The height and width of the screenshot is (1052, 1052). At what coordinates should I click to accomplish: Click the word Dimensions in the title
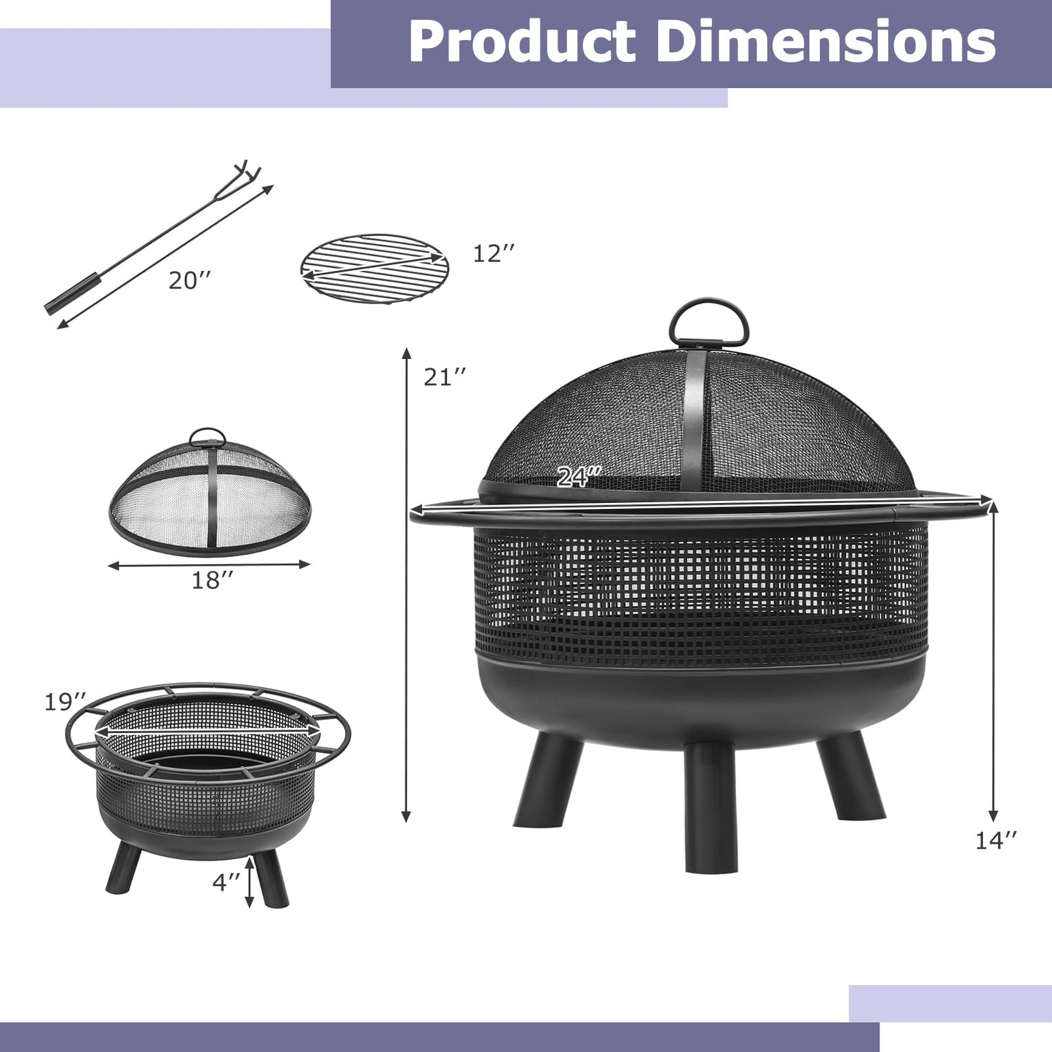pyautogui.click(x=826, y=42)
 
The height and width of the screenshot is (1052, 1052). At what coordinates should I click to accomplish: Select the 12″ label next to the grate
pyautogui.click(x=494, y=254)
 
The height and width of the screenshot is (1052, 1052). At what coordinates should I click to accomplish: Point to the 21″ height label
pyautogui.click(x=444, y=377)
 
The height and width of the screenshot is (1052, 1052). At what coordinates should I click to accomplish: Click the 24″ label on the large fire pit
pyautogui.click(x=578, y=477)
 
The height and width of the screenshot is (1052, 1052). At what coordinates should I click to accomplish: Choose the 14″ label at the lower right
pyautogui.click(x=995, y=840)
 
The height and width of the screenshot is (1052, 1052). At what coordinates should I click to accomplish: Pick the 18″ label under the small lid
pyautogui.click(x=212, y=580)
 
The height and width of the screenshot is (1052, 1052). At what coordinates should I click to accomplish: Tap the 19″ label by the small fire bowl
pyautogui.click(x=65, y=703)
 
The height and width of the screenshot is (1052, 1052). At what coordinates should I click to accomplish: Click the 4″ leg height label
pyautogui.click(x=226, y=882)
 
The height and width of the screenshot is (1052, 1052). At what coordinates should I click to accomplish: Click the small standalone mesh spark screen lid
pyautogui.click(x=210, y=495)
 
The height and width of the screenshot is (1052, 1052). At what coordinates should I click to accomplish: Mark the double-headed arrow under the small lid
pyautogui.click(x=209, y=564)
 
